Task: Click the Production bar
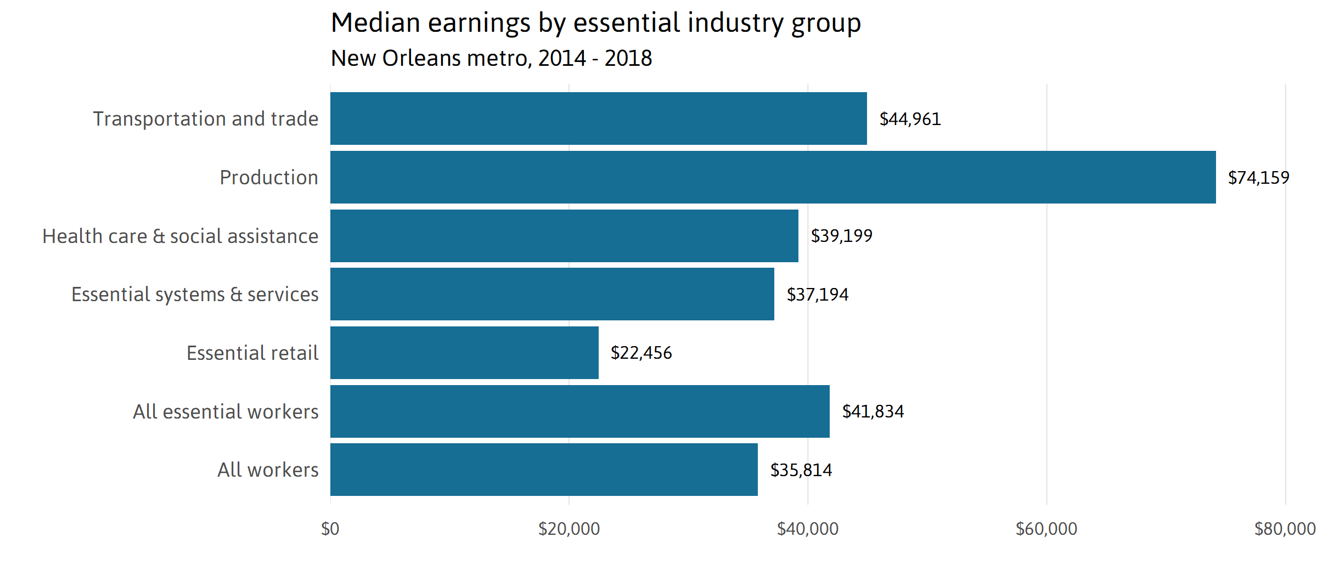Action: pos(773,177)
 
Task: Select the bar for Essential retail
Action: pos(464,353)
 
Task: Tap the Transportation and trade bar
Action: pos(598,118)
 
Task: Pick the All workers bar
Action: pos(544,470)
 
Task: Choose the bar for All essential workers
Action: pos(579,411)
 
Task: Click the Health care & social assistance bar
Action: pos(564,236)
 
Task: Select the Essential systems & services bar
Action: pos(552,294)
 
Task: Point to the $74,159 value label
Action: pos(1258,178)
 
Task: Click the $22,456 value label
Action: pos(641,353)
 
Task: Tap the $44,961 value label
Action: pos(910,119)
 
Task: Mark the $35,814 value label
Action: pos(801,470)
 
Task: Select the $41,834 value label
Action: pos(873,411)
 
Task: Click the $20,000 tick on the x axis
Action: pos(569,529)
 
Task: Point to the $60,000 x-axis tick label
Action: pos(1046,529)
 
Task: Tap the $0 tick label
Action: pos(330,529)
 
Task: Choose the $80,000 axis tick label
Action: pos(1284,529)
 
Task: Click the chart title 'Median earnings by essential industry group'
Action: pos(595,23)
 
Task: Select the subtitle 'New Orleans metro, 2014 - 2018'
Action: pos(491,58)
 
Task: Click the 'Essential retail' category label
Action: pos(252,353)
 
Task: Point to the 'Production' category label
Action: pos(268,177)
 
